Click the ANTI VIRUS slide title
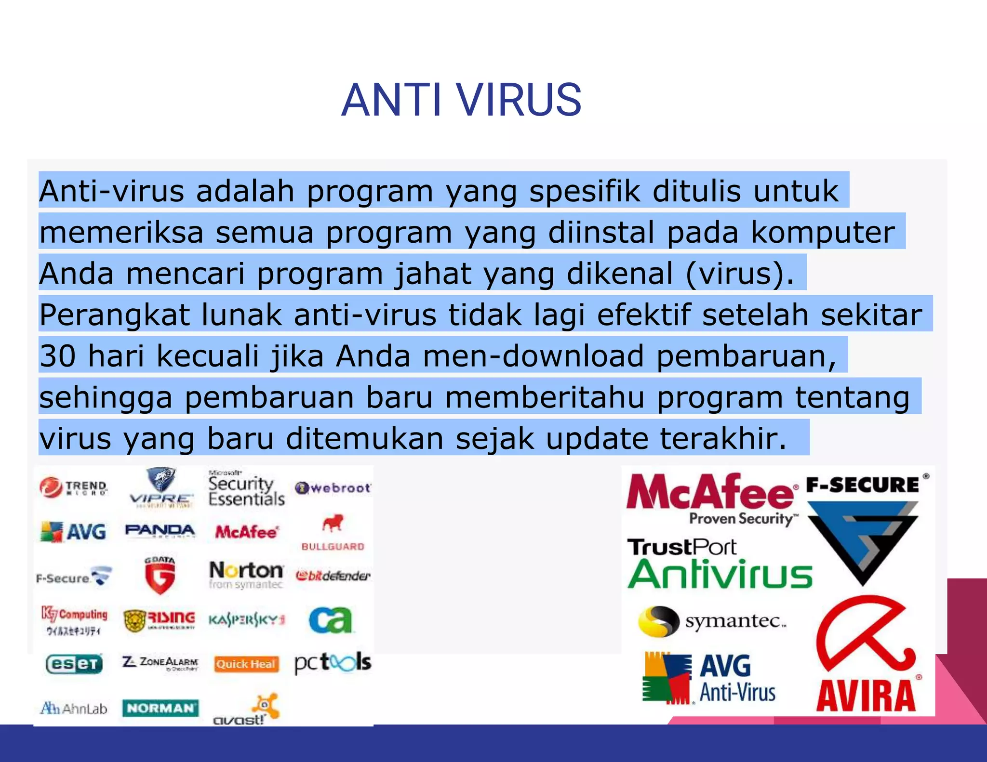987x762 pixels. coord(461,100)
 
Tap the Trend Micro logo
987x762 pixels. coord(74,487)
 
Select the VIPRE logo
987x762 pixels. coord(161,487)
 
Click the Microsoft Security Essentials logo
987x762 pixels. coord(246,490)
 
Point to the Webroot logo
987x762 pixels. coord(333,488)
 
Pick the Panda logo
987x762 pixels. coord(160,531)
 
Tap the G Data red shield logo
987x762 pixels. coord(160,576)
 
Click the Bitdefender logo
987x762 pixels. coord(333,576)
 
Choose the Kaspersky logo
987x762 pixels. coord(246,619)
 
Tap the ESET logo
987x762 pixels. coord(74,664)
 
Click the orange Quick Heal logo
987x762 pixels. coord(246,664)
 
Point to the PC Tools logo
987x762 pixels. coord(333,663)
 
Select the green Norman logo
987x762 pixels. coord(160,708)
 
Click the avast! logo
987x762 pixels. coord(246,710)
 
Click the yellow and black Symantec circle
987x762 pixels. coord(658,621)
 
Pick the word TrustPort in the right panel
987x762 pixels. coord(681,548)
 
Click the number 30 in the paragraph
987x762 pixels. coord(57,356)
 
